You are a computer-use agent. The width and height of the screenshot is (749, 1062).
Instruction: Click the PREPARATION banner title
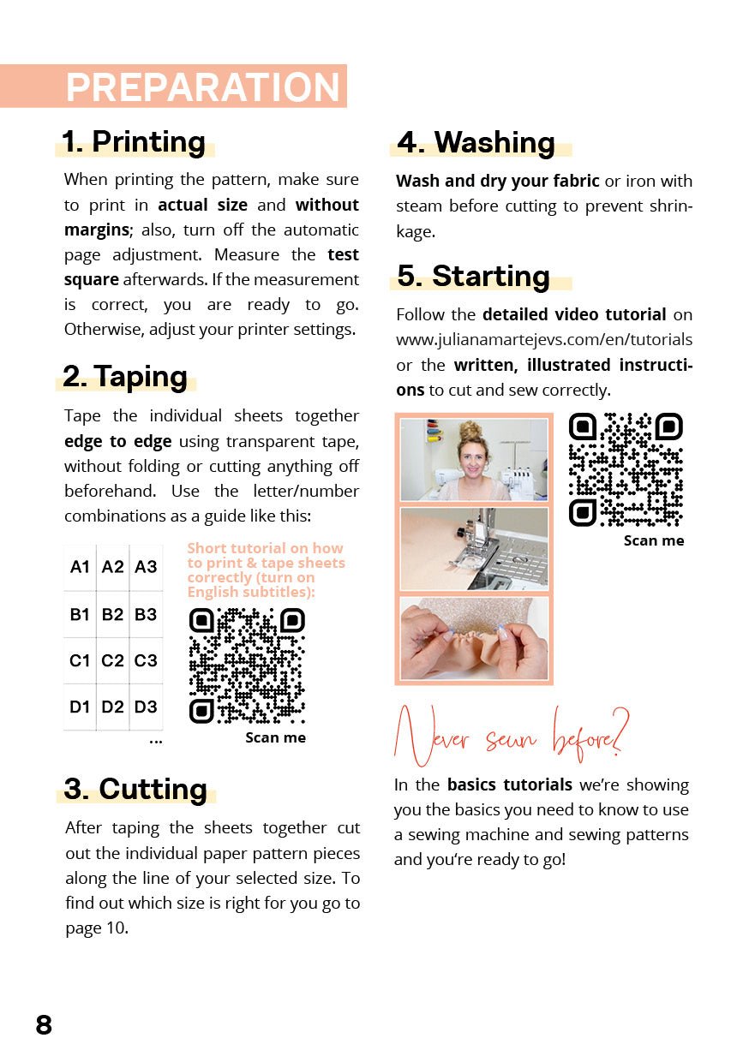point(203,87)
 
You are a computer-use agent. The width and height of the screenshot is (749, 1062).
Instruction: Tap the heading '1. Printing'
point(134,141)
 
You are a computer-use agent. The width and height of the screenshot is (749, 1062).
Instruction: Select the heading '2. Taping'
point(125,376)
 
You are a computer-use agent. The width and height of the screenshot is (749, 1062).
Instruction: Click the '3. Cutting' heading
point(135,789)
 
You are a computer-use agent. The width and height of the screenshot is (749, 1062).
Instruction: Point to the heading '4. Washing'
point(476,142)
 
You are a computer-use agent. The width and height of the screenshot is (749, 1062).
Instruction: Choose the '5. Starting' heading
point(473,276)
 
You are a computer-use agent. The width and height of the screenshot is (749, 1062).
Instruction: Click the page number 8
point(44,1024)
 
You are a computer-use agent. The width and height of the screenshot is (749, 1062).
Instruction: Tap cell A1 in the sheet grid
point(80,567)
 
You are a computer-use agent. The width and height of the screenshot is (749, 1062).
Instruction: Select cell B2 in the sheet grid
point(112,614)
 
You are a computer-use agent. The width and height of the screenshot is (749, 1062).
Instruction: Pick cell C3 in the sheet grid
point(146,660)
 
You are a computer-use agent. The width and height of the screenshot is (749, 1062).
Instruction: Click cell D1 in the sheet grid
point(80,707)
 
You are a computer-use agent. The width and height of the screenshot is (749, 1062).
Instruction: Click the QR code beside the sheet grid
point(246,665)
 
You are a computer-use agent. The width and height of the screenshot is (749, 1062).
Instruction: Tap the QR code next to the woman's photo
point(626,469)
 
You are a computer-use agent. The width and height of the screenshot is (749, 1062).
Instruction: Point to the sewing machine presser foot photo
point(474,548)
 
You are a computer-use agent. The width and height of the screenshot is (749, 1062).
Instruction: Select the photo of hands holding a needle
point(474,638)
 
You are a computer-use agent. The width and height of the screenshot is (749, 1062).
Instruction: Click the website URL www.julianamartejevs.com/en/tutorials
point(544,340)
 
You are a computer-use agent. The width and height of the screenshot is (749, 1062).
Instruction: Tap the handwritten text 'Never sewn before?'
point(512,736)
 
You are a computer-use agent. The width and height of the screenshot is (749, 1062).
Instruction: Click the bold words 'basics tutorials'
point(509,785)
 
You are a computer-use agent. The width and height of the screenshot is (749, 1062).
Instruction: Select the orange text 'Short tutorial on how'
point(265,548)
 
